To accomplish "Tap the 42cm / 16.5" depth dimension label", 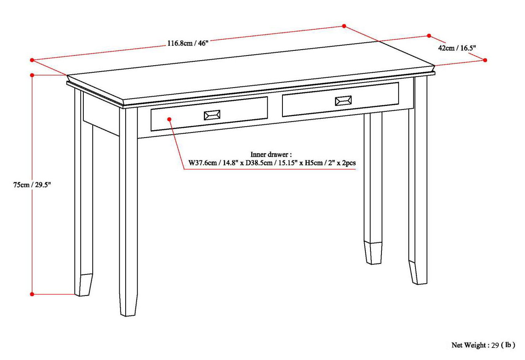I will click(457, 48).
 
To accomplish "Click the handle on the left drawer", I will click(212, 115).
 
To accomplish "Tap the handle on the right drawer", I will click(343, 101).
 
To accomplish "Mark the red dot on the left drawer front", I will click(169, 118).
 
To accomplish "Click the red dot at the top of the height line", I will click(32, 75).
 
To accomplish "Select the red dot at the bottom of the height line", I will click(32, 294).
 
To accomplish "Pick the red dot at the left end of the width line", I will click(32, 60).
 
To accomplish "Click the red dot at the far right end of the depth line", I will click(485, 60).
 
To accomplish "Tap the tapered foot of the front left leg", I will click(129, 305).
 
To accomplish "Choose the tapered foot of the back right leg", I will click(373, 253).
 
